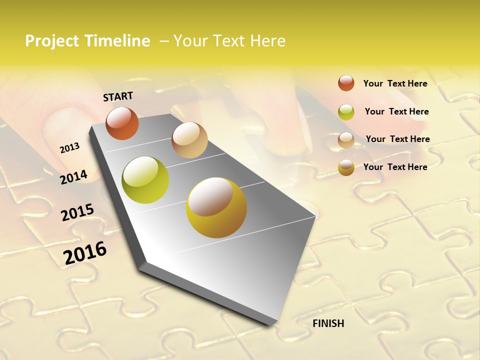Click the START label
pos(118,96)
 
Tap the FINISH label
pos(328,323)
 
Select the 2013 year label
pos(69,148)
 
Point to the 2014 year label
pos(73,177)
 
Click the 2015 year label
pos(77,212)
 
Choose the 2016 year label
pos(85,252)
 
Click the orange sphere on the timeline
pos(122,123)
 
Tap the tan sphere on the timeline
pos(189,140)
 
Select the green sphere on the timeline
pos(145,180)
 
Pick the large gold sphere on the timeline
pos(216,207)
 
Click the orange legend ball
pos(346,83)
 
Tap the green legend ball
pos(346,112)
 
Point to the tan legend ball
pos(346,140)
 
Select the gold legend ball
pos(346,167)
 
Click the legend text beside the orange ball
pos(395,83)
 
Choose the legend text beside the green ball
pos(396,111)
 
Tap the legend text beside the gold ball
pos(395,167)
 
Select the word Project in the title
pos(51,41)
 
